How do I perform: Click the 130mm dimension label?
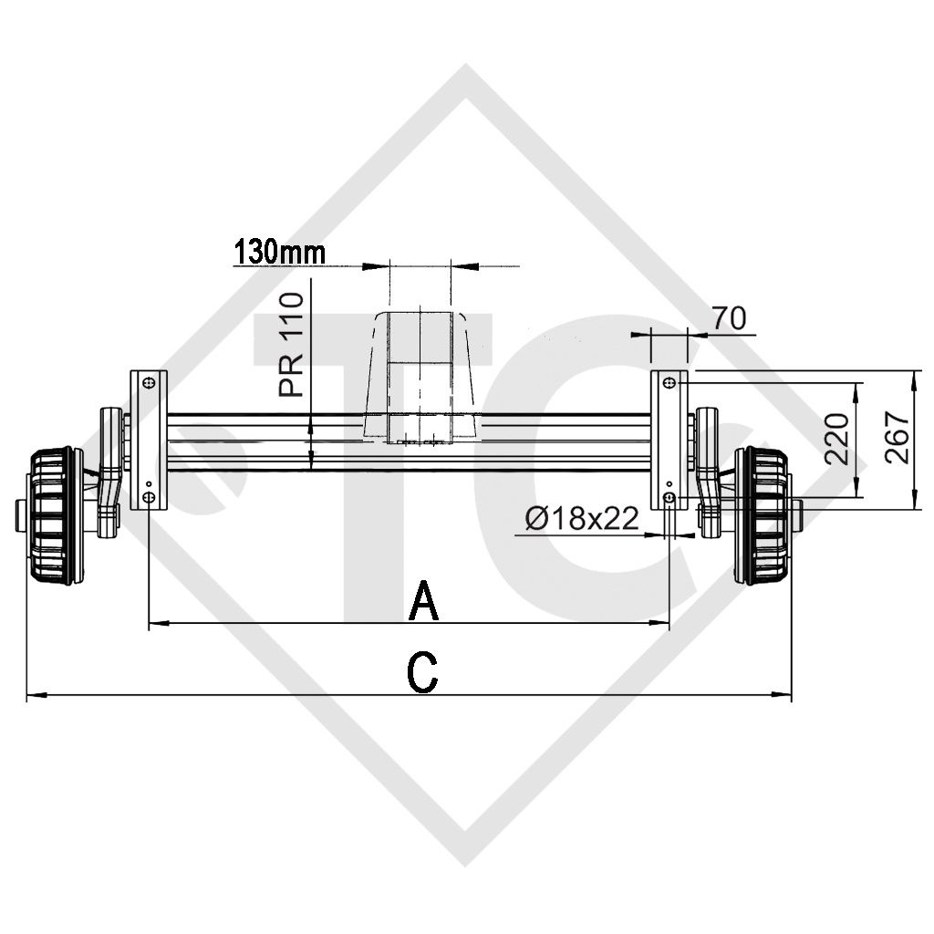click(279, 252)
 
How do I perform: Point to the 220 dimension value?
click(838, 440)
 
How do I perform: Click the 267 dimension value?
click(898, 438)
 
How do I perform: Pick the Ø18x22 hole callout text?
click(580, 520)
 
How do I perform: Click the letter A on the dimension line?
click(424, 601)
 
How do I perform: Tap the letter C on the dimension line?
click(421, 673)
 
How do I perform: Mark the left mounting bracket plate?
click(149, 441)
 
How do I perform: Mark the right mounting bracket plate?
click(669, 441)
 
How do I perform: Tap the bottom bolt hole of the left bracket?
click(149, 497)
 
